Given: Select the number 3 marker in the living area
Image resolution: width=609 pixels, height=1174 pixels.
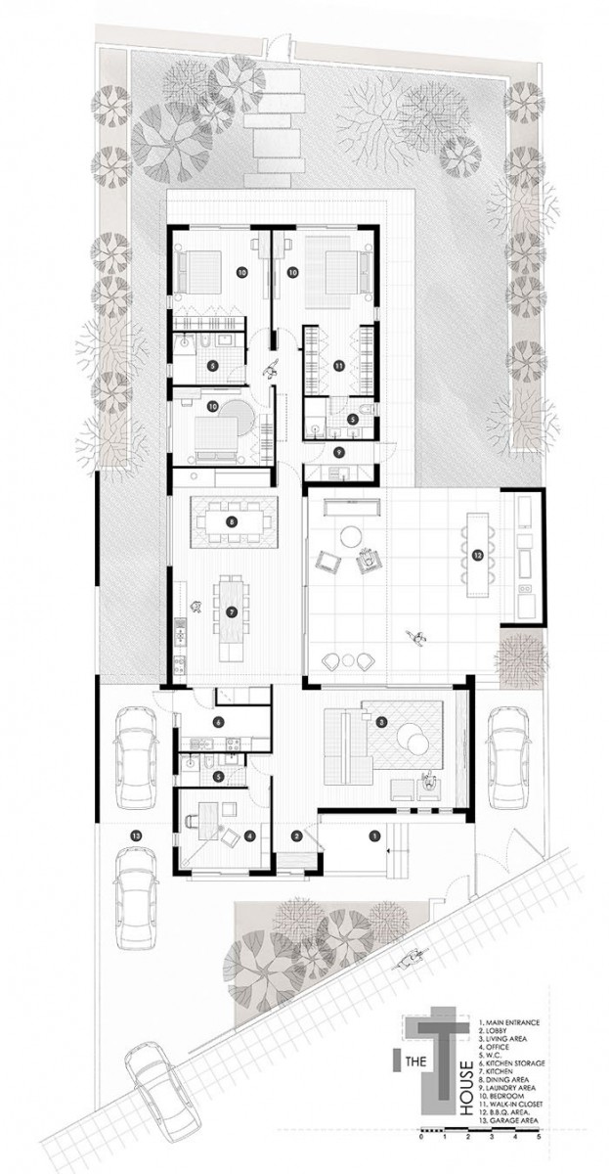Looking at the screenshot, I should tap(381, 723).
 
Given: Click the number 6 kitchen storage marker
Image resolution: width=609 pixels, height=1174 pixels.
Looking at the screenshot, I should tap(218, 722).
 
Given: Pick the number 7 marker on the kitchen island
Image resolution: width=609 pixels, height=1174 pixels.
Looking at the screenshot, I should tap(231, 611).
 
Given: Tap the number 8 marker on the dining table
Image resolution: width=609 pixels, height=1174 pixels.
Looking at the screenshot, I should tap(231, 521).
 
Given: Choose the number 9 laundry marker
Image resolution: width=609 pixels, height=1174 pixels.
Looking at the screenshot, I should tap(338, 451).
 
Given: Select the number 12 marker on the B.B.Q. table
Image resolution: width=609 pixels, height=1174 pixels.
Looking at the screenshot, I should tap(477, 556).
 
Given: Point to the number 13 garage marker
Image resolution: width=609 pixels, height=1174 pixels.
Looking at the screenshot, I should tap(136, 835).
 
